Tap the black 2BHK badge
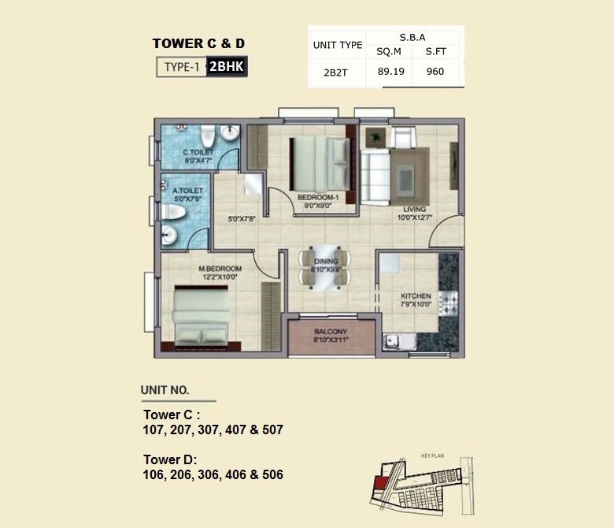227,67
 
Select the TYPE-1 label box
181,67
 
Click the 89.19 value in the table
390,72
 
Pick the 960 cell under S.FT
435,72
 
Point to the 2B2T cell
336,72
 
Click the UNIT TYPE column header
338,45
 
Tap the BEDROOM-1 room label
317,196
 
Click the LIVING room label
413,209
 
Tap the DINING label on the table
325,261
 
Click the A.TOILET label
188,191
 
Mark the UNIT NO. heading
165,389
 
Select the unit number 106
156,474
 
